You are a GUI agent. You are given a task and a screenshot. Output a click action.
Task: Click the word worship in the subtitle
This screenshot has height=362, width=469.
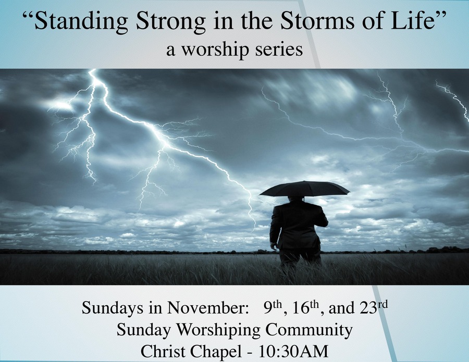[x=214, y=49]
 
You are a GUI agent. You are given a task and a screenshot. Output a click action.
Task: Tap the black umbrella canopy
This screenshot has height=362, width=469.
[x=304, y=189]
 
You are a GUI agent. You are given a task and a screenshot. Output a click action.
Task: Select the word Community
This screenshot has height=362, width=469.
[x=308, y=330]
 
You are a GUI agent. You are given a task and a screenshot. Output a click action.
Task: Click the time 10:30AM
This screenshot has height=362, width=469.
[x=293, y=352]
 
